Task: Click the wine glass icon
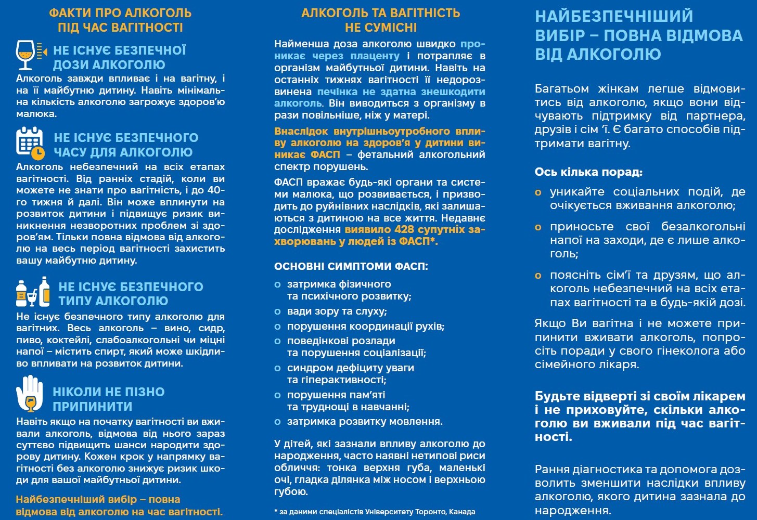[26, 55]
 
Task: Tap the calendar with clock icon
[30, 142]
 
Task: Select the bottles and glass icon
[33, 292]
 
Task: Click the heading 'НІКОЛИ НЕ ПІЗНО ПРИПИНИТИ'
[108, 399]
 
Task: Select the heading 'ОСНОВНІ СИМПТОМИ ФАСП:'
[351, 266]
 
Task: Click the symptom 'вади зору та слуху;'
[337, 311]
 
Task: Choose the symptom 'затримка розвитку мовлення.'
[365, 421]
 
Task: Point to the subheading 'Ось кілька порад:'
[588, 172]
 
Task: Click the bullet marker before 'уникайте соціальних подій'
[538, 192]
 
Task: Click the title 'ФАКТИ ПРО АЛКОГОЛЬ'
[120, 12]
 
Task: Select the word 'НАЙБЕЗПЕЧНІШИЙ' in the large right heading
[614, 17]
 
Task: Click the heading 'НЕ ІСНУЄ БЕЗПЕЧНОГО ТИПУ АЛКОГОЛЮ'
[131, 293]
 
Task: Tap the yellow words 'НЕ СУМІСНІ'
[381, 27]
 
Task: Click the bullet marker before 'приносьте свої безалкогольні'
[538, 227]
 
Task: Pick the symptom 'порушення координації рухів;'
[366, 327]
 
